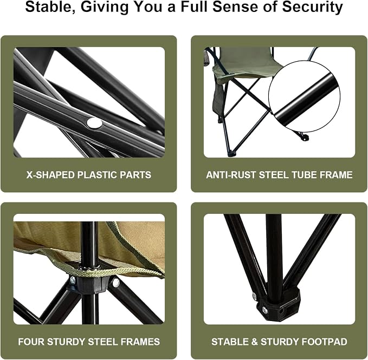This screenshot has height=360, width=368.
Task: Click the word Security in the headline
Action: click(312, 7)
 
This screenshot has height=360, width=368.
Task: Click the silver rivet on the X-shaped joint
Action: click(94, 123)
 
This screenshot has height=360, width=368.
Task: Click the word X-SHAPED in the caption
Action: click(50, 175)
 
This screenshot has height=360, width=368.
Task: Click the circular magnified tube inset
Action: click(305, 96)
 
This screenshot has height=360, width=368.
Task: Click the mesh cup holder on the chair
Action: click(206, 57)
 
